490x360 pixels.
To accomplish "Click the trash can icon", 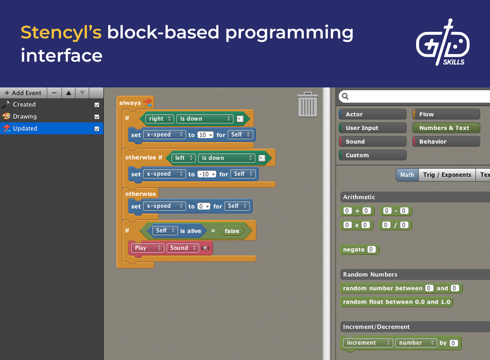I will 307,105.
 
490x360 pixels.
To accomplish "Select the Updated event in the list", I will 25,128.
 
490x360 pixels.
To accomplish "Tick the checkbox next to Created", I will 97,105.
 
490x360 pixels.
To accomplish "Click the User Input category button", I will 372,128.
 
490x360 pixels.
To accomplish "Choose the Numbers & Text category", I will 446,128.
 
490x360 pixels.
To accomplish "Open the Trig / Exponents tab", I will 447,175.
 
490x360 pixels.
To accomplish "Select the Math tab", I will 407,175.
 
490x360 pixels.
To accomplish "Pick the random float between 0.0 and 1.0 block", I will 396,302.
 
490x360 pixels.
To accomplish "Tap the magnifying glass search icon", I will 345,96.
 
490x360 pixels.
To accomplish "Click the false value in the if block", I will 232,231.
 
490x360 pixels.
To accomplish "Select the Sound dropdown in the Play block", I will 182,248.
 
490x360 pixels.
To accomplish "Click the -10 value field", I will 205,174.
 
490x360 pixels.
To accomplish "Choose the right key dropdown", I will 159,119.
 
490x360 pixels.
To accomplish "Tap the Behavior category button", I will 446,142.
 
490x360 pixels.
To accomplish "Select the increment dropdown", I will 367,343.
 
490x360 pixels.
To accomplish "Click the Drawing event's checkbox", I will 97,117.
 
